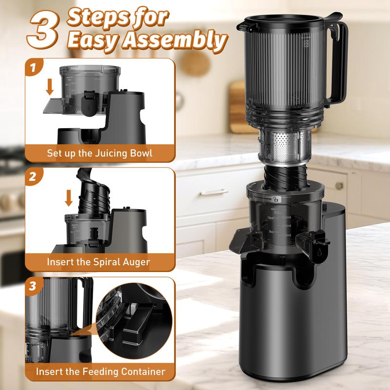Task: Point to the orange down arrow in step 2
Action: click(x=68, y=198)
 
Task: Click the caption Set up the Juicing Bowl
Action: click(x=99, y=153)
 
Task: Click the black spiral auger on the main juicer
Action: click(x=285, y=173)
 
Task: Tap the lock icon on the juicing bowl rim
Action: click(x=276, y=199)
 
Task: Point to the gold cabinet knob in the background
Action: click(x=338, y=186)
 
